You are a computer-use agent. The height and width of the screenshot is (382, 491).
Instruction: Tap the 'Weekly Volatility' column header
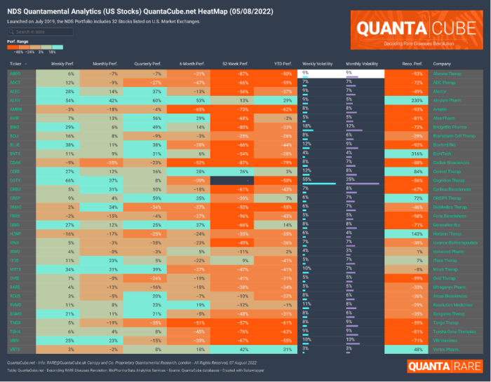coord(318,63)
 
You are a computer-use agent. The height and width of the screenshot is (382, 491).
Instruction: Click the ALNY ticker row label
coord(15,100)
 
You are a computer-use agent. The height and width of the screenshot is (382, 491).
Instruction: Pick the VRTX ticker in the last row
coord(15,328)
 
